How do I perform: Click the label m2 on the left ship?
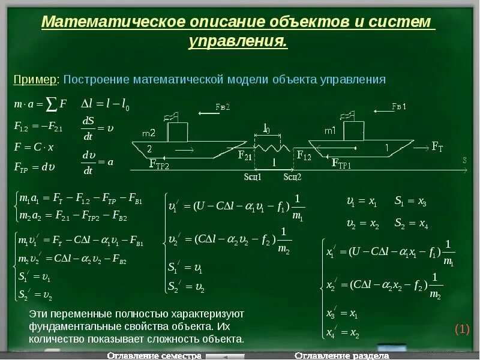point(149,133)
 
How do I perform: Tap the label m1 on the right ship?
point(330,130)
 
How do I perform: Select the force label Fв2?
point(223,107)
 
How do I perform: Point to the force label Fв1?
point(399,107)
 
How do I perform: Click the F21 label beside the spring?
point(245,155)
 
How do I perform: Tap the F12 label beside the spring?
point(304,155)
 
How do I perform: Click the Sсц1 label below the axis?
point(253,177)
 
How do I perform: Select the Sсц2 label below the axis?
point(292,177)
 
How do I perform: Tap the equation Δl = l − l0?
point(105,105)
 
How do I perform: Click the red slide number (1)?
point(461,329)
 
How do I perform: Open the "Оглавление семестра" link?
point(154,356)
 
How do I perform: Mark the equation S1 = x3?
point(410,203)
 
